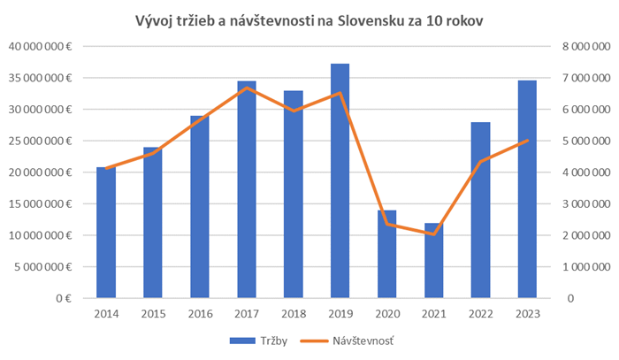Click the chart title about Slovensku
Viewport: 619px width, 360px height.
309,19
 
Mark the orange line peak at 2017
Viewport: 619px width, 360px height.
248,88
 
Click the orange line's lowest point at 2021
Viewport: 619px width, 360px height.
432,234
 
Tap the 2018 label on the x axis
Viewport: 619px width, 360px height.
294,313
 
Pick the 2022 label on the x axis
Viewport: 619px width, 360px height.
479,313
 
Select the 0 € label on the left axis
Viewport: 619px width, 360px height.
62,298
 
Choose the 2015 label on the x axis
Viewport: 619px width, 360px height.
153,313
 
